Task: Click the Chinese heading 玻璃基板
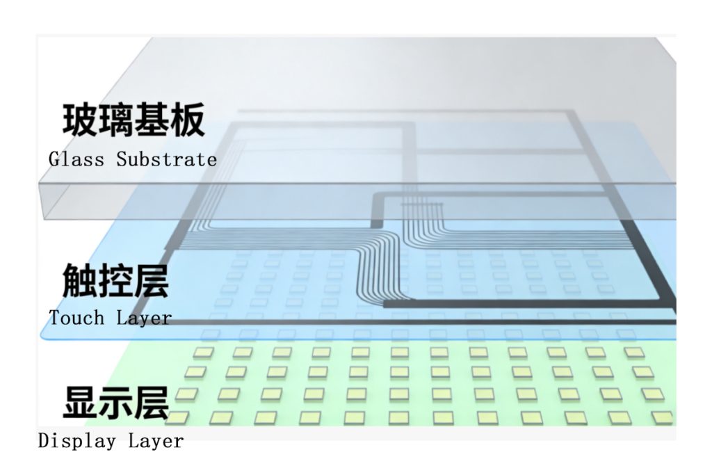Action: (x=134, y=120)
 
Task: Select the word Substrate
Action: (x=166, y=159)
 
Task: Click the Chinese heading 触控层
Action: (x=115, y=280)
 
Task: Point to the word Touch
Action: (x=77, y=318)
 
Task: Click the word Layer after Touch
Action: (x=144, y=319)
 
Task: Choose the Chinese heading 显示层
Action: (x=115, y=401)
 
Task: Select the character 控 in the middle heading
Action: (x=115, y=280)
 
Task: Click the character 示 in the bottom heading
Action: (x=115, y=401)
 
